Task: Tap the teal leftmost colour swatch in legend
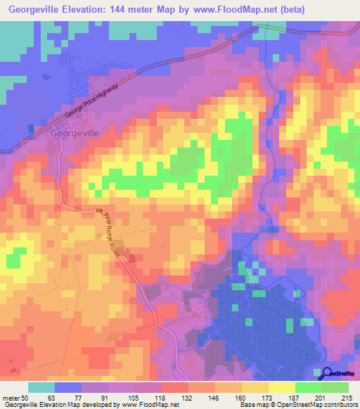41,387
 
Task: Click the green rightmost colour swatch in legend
335,387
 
